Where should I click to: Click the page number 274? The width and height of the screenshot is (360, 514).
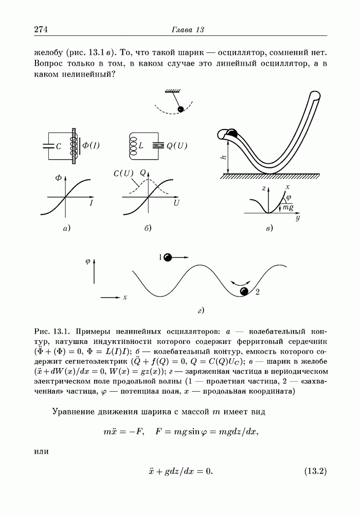[x=41, y=29]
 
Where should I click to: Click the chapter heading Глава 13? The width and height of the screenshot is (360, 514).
[x=188, y=30]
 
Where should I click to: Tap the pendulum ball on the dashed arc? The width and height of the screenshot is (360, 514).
[x=181, y=109]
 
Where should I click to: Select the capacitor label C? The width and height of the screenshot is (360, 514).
[x=59, y=146]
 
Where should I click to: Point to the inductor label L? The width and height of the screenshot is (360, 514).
[x=140, y=146]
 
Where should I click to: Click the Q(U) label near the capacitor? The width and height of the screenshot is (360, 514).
[x=177, y=145]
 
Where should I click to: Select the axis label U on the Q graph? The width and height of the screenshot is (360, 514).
[x=176, y=204]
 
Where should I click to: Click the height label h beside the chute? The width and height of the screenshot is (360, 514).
[x=224, y=157]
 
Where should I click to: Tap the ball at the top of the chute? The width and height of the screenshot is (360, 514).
[x=232, y=133]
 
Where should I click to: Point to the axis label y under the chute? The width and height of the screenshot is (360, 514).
[x=298, y=218]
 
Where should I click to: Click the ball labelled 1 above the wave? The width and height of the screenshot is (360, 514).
[x=168, y=257]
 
